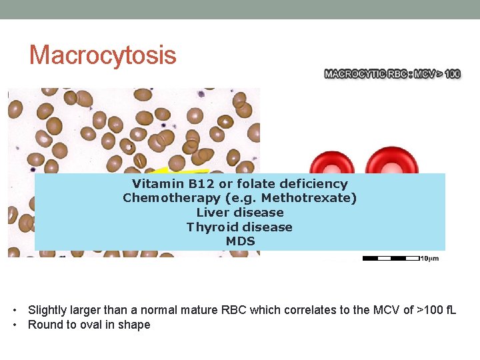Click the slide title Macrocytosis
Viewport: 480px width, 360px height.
pos(103,55)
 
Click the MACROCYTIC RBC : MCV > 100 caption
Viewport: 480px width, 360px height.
pos(392,74)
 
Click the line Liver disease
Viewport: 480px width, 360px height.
pos(240,213)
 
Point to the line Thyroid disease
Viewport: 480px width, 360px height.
pos(240,227)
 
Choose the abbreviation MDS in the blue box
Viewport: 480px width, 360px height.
pos(240,241)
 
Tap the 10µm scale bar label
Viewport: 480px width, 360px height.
pos(429,259)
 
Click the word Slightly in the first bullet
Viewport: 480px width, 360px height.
pos(47,310)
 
